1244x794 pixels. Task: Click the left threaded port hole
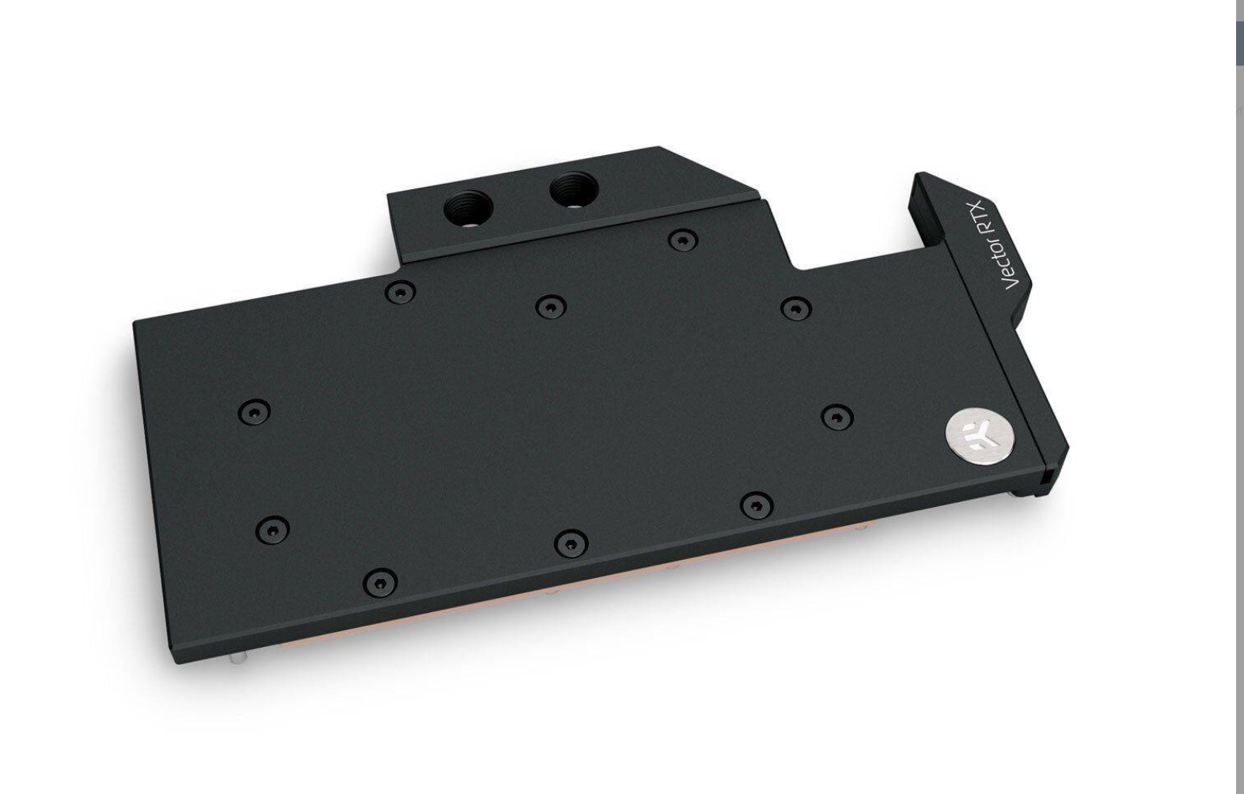coord(468,209)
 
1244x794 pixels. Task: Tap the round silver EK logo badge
coord(980,433)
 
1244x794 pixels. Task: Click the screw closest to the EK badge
coord(837,418)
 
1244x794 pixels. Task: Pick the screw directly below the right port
coord(682,240)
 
